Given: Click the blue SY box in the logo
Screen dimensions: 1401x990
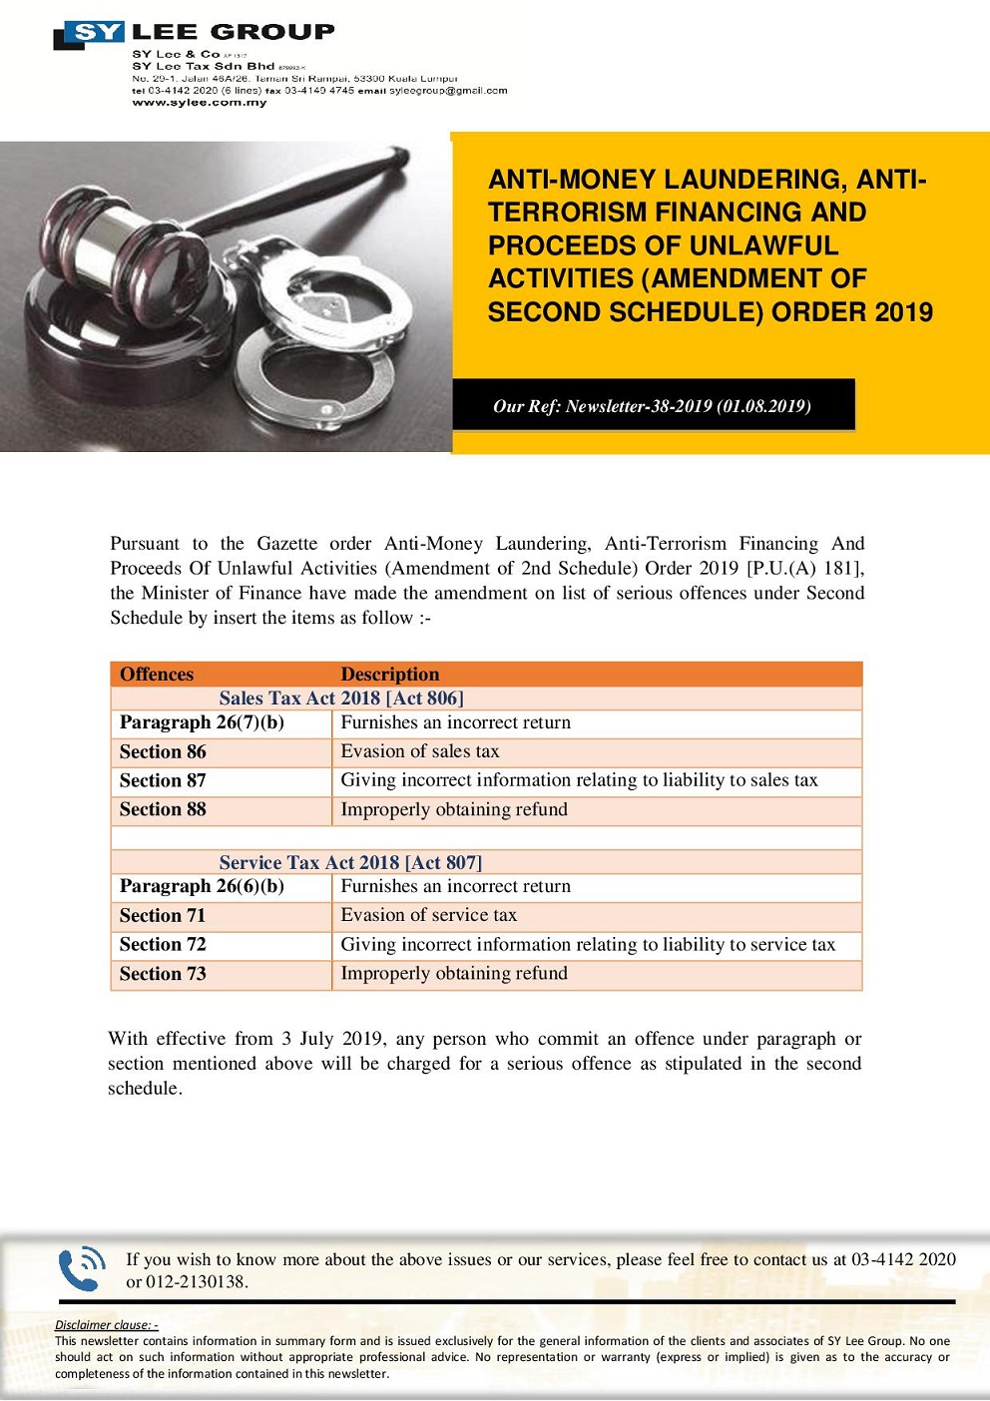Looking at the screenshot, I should coord(96,33).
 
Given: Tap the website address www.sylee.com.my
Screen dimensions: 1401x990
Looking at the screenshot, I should coord(200,103).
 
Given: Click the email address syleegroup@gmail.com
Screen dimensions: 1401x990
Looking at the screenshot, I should coord(448,90).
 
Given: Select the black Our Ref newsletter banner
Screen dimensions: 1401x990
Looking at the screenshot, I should coord(653,405).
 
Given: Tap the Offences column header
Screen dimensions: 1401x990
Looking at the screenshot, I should coord(157,675).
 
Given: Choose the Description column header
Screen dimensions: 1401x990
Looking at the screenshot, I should coord(389,675).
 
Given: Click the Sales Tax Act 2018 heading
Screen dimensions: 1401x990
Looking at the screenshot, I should coord(341,699).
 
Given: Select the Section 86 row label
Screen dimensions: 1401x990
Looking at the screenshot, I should coord(163,752).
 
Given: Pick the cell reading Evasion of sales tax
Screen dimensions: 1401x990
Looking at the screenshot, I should coord(420,751).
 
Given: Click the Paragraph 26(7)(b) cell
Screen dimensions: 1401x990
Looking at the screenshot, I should coord(202,722).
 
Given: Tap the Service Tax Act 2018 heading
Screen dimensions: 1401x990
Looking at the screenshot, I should coord(350,862).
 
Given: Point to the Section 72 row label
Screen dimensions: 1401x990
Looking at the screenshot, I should coord(163,945).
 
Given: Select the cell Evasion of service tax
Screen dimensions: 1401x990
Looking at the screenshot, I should coord(429,915).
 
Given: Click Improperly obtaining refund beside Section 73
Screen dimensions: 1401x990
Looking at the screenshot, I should coord(454,973).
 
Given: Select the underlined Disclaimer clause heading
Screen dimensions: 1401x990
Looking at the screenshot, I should coord(107,1325).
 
